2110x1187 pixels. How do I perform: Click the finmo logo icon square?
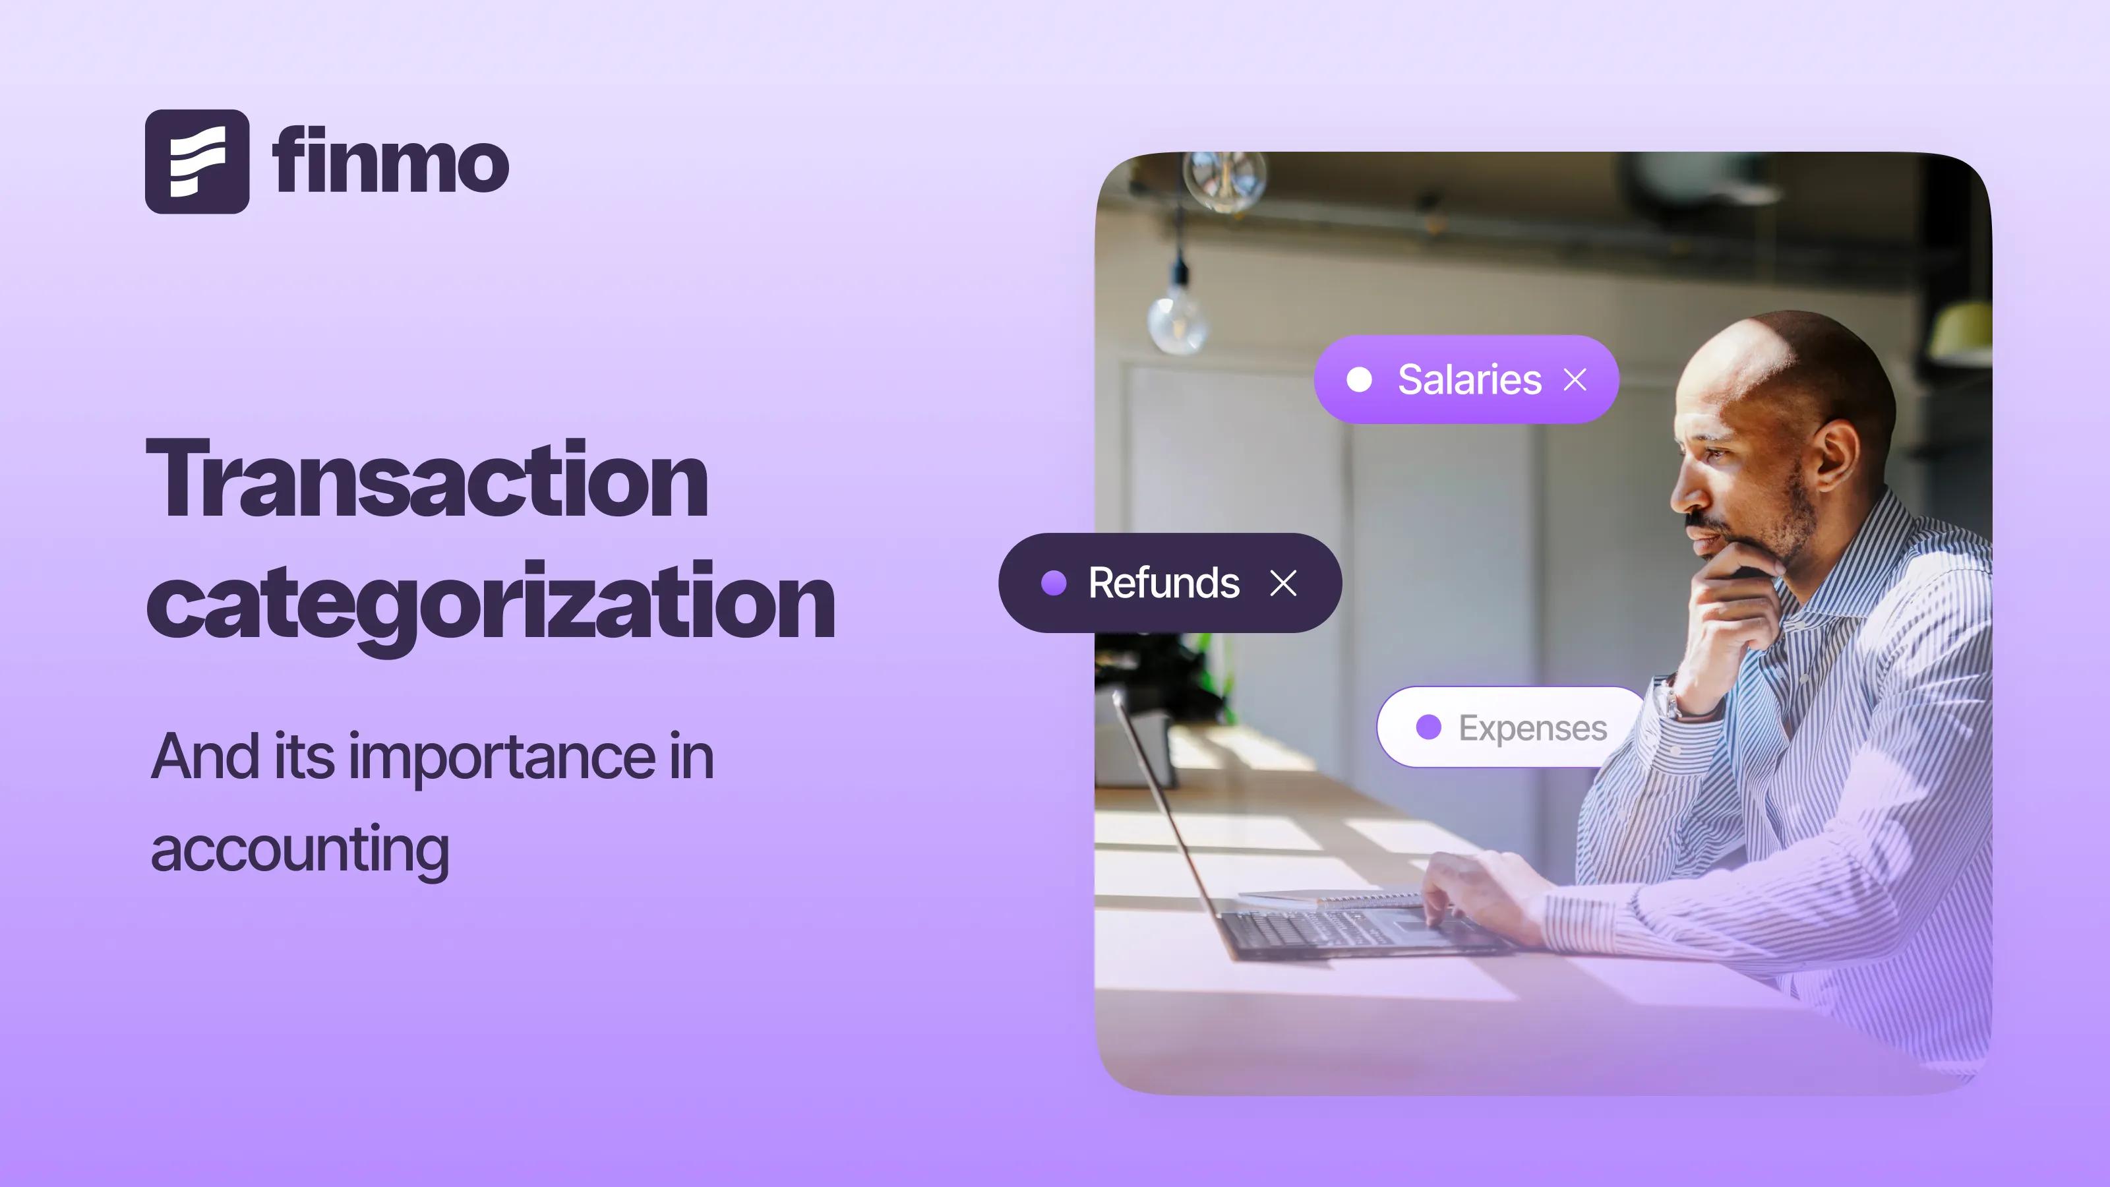click(x=196, y=162)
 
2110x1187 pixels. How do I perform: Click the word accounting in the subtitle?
click(x=300, y=849)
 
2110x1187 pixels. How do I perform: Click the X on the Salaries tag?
click(x=1575, y=379)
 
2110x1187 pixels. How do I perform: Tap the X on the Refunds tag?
click(x=1282, y=583)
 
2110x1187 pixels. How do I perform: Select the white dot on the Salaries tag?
click(x=1359, y=379)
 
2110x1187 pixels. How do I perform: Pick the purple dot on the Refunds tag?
click(x=1054, y=582)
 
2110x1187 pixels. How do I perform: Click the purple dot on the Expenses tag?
click(x=1428, y=727)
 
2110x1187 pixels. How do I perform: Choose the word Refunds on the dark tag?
click(x=1163, y=582)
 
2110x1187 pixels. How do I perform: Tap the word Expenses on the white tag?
click(x=1532, y=728)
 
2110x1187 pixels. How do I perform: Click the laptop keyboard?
click(x=1343, y=930)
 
